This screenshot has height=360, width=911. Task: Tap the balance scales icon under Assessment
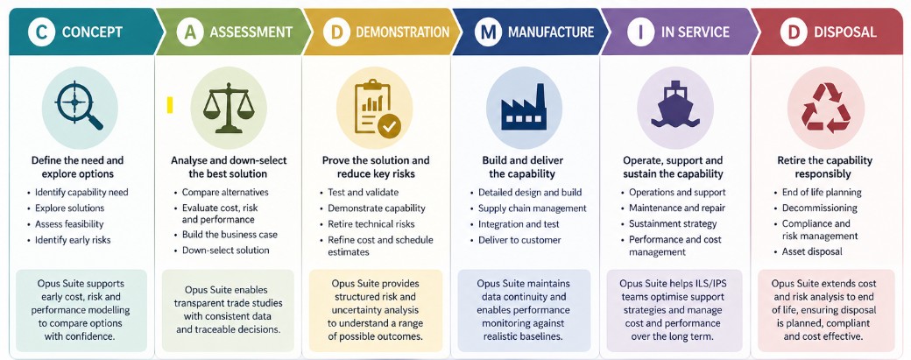pyautogui.click(x=228, y=109)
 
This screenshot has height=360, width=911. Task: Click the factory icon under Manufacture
pyautogui.click(x=524, y=109)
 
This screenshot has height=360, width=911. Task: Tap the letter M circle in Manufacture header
pyautogui.click(x=487, y=32)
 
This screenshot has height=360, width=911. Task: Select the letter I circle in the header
pyautogui.click(x=640, y=32)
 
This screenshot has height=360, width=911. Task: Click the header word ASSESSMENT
pyautogui.click(x=251, y=32)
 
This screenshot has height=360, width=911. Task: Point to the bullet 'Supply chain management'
pyautogui.click(x=532, y=208)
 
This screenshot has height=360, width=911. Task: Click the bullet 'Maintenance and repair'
pyautogui.click(x=677, y=208)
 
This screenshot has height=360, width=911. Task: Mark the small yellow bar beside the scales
pyautogui.click(x=170, y=105)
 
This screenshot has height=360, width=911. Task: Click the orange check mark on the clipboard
pyautogui.click(x=389, y=127)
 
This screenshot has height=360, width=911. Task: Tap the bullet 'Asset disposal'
pyautogui.click(x=812, y=252)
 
